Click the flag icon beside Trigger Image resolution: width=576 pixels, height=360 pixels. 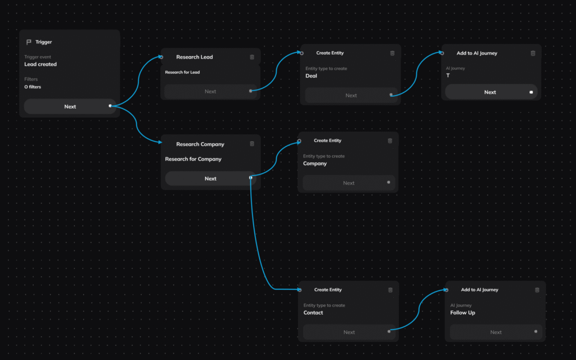[x=29, y=42]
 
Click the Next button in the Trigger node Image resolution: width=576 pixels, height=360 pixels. [x=70, y=106]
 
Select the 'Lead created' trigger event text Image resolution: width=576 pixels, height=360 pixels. [x=40, y=65]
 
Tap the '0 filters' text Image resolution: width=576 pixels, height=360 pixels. [x=33, y=87]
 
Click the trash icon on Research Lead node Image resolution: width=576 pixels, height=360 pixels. [x=252, y=57]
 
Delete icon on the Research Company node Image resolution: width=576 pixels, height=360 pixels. [x=252, y=144]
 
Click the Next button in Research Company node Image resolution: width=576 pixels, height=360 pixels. [x=210, y=178]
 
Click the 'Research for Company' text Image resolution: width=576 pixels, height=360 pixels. [x=193, y=159]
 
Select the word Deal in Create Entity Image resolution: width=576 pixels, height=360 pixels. [x=311, y=76]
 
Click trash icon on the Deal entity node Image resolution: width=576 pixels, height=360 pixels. [x=392, y=53]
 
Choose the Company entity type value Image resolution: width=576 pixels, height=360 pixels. [x=314, y=164]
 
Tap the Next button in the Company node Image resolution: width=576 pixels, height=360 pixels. [x=349, y=183]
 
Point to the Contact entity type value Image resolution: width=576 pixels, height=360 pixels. [x=313, y=313]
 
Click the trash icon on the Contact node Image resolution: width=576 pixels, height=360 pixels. [x=390, y=290]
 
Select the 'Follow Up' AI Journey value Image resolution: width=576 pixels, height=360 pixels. [x=462, y=313]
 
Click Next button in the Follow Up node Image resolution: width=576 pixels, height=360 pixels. [x=496, y=332]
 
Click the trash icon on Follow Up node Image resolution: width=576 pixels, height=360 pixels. [x=537, y=290]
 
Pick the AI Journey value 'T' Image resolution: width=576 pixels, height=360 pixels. [x=448, y=76]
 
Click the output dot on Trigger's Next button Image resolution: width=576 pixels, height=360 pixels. [x=110, y=106]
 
